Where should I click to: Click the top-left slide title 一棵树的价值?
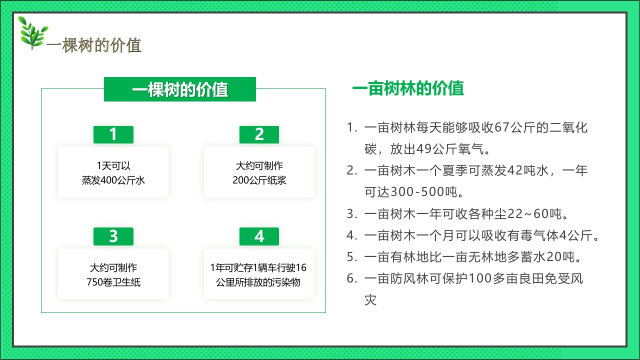[94, 45]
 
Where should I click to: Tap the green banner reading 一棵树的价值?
[180, 89]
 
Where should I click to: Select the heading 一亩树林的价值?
[408, 88]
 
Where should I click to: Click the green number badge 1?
[113, 134]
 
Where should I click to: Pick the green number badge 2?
[259, 134]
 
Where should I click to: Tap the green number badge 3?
[113, 236]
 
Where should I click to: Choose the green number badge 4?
[259, 236]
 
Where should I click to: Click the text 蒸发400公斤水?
[113, 180]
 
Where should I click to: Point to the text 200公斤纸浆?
[259, 180]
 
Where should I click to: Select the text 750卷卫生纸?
[113, 282]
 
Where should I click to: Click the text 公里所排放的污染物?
[258, 282]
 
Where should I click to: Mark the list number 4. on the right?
[352, 235]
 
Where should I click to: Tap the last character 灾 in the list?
[370, 300]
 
